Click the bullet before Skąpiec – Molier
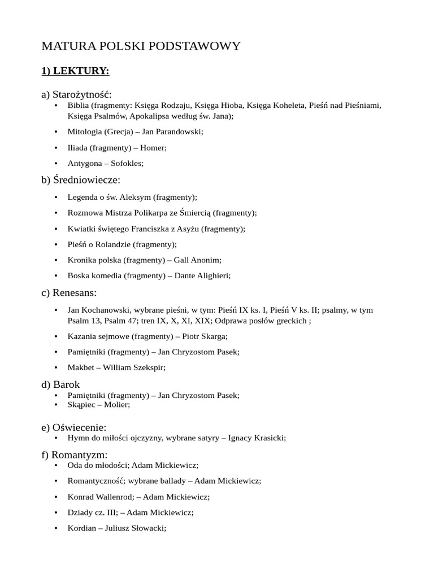click(56, 405)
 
